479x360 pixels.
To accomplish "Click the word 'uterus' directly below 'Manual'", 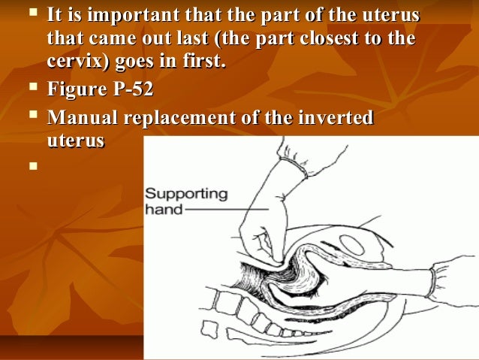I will [74, 141].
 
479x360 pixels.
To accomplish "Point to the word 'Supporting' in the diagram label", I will [185, 193].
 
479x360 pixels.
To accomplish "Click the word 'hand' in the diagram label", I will [164, 209].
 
